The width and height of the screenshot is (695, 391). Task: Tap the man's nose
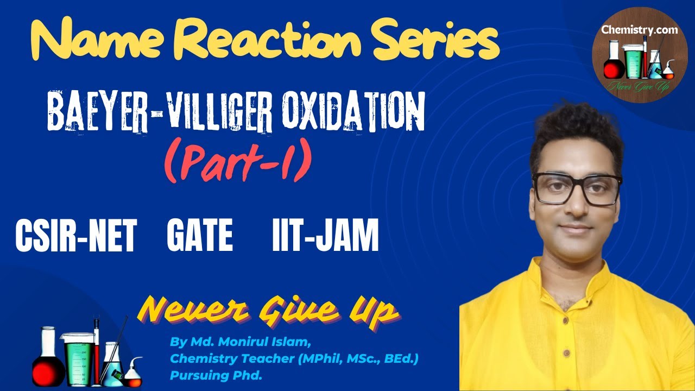coord(577,205)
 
